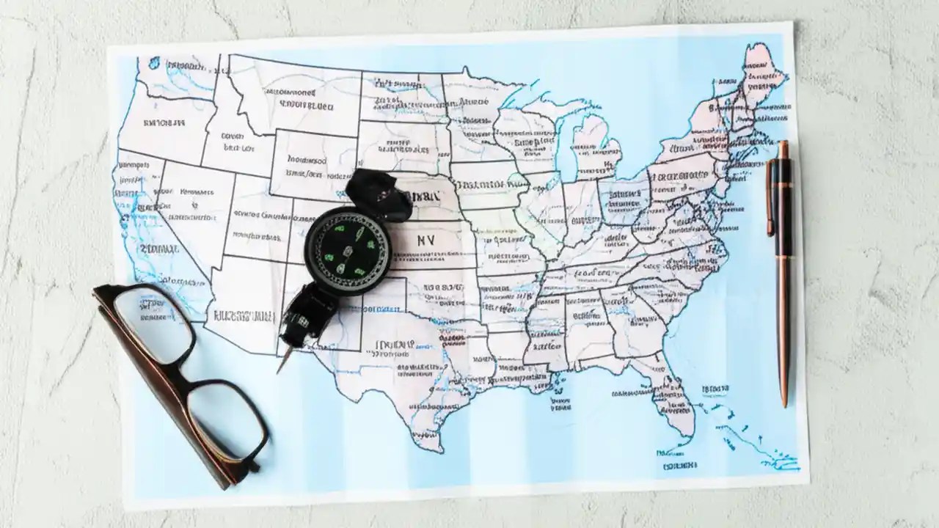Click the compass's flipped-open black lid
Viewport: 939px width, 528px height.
(x=378, y=194)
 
